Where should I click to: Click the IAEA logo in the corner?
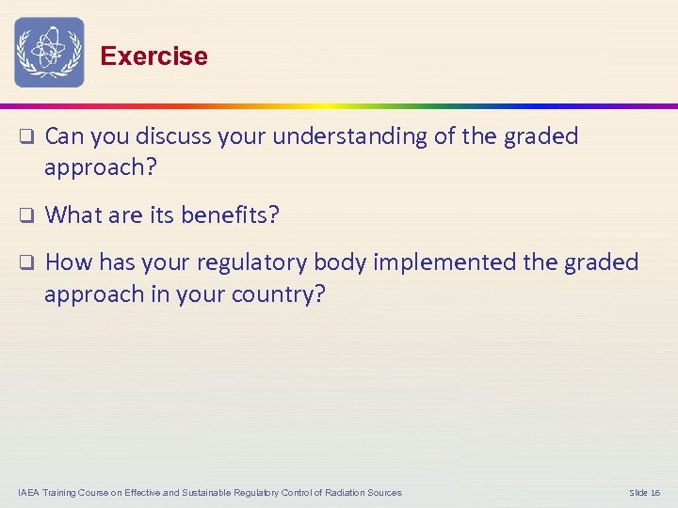pos(49,53)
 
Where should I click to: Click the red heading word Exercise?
pos(153,56)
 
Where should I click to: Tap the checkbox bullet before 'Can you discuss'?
pos(27,137)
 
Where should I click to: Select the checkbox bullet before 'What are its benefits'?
pos(27,215)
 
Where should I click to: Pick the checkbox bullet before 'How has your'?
pos(27,263)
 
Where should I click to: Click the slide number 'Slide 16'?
pos(644,493)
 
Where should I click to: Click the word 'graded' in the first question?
pos(541,136)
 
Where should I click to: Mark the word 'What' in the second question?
pos(73,215)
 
